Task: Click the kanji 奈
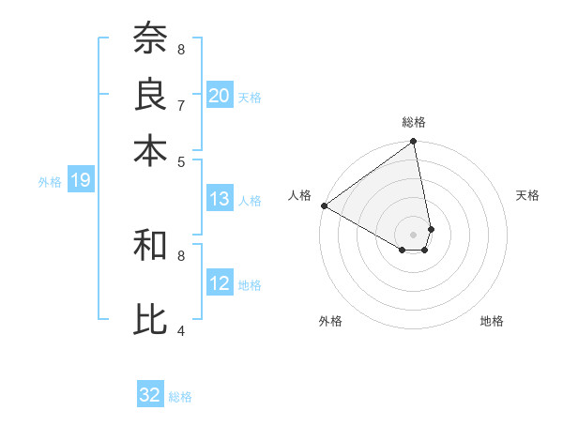[151, 39]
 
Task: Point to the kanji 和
[151, 246]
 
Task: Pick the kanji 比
[151, 319]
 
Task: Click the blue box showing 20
[220, 95]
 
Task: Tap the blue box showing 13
[220, 199]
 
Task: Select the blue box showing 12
[220, 283]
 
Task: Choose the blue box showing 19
[81, 181]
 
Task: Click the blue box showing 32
[150, 395]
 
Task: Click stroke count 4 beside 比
[181, 329]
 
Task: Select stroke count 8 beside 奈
[181, 49]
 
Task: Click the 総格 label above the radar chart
[414, 122]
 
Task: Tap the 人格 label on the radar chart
[300, 195]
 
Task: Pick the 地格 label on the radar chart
[492, 321]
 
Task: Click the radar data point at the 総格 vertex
[414, 143]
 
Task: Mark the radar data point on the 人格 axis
[324, 205]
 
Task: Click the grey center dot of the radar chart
[414, 234]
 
